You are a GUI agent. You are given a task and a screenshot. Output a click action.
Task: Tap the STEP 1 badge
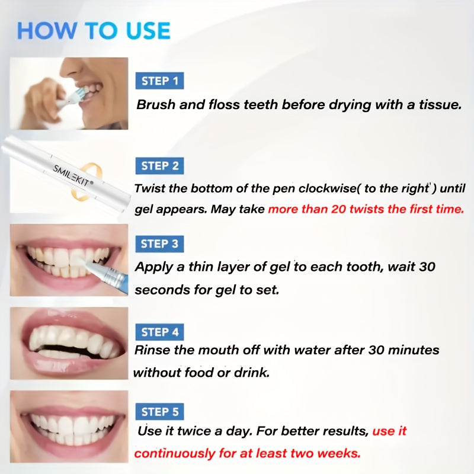(x=159, y=81)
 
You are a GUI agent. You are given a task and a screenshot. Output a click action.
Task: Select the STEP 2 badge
(x=159, y=166)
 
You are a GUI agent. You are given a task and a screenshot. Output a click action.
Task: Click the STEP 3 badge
(x=159, y=244)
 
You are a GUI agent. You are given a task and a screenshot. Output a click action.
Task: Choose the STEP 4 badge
(x=159, y=332)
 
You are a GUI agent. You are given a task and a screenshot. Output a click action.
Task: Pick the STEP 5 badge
(x=159, y=411)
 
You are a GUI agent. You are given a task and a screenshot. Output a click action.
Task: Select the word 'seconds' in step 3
(x=163, y=290)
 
